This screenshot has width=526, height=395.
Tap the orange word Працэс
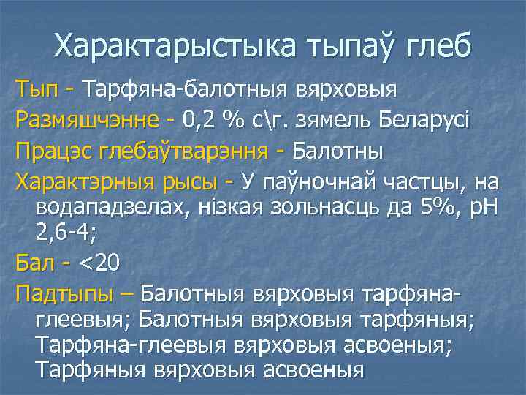coord(51,153)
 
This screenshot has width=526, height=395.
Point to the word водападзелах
coord(110,206)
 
